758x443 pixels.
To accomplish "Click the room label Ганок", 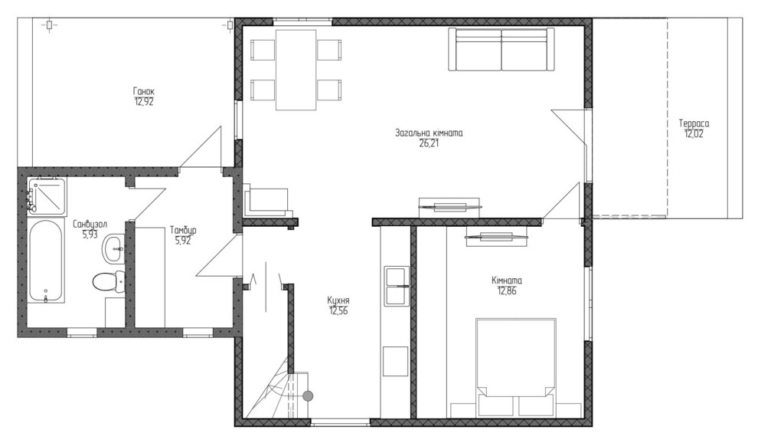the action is point(144,91).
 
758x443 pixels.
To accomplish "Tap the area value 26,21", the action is point(429,143).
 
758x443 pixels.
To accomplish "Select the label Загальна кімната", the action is point(429,133).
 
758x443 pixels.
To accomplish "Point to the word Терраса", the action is point(694,123).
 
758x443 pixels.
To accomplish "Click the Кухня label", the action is point(338,300).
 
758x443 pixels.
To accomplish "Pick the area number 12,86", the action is point(507,291).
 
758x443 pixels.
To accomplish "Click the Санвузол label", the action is point(90,224).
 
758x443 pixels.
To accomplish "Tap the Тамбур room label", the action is point(183,231).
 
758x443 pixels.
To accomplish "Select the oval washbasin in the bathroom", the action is point(113,248).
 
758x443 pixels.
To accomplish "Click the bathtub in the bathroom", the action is point(44,261).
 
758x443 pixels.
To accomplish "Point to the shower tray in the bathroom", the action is point(46,196).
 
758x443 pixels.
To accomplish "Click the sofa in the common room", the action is point(501,49).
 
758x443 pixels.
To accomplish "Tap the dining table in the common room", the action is point(296,70).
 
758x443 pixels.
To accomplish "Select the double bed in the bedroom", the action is point(515,367).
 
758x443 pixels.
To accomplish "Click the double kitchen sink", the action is point(397,286).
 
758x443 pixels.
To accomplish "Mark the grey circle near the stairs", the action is point(308,396).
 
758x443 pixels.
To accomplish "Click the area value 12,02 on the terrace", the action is point(694,134).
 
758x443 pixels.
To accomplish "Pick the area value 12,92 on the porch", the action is point(144,102).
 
